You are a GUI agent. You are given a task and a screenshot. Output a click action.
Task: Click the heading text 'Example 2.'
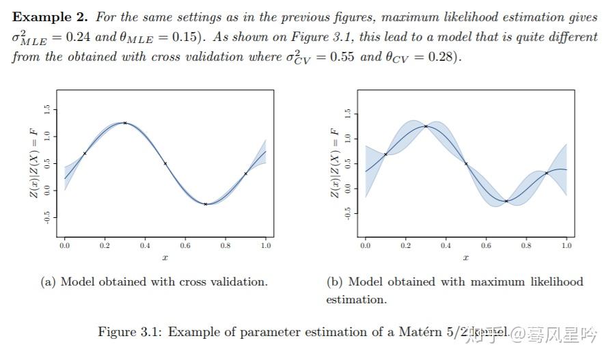click(50, 17)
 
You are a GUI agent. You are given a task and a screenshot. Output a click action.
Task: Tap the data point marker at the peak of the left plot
click(125, 123)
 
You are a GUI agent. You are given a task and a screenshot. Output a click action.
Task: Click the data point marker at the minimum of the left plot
click(206, 204)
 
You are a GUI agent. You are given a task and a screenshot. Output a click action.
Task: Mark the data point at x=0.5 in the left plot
click(165, 163)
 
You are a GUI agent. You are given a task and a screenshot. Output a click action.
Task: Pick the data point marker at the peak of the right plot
click(426, 126)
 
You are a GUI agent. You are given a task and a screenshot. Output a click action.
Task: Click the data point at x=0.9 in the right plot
click(547, 173)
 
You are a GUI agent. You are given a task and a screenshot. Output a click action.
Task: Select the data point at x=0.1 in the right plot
click(385, 154)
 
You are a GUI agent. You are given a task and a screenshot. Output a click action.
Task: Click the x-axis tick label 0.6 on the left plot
click(185, 245)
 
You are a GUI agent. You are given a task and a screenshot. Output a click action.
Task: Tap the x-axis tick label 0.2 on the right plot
click(406, 245)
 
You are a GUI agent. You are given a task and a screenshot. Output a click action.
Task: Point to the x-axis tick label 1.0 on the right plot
click(567, 245)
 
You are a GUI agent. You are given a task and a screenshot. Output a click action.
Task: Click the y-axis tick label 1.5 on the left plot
click(46, 109)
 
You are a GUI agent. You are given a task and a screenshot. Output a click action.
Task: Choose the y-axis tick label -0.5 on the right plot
click(348, 213)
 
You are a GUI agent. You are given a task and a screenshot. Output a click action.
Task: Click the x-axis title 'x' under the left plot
click(165, 258)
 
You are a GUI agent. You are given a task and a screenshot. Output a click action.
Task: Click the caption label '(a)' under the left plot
click(49, 281)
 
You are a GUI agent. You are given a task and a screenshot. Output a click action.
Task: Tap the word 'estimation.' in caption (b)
click(355, 299)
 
